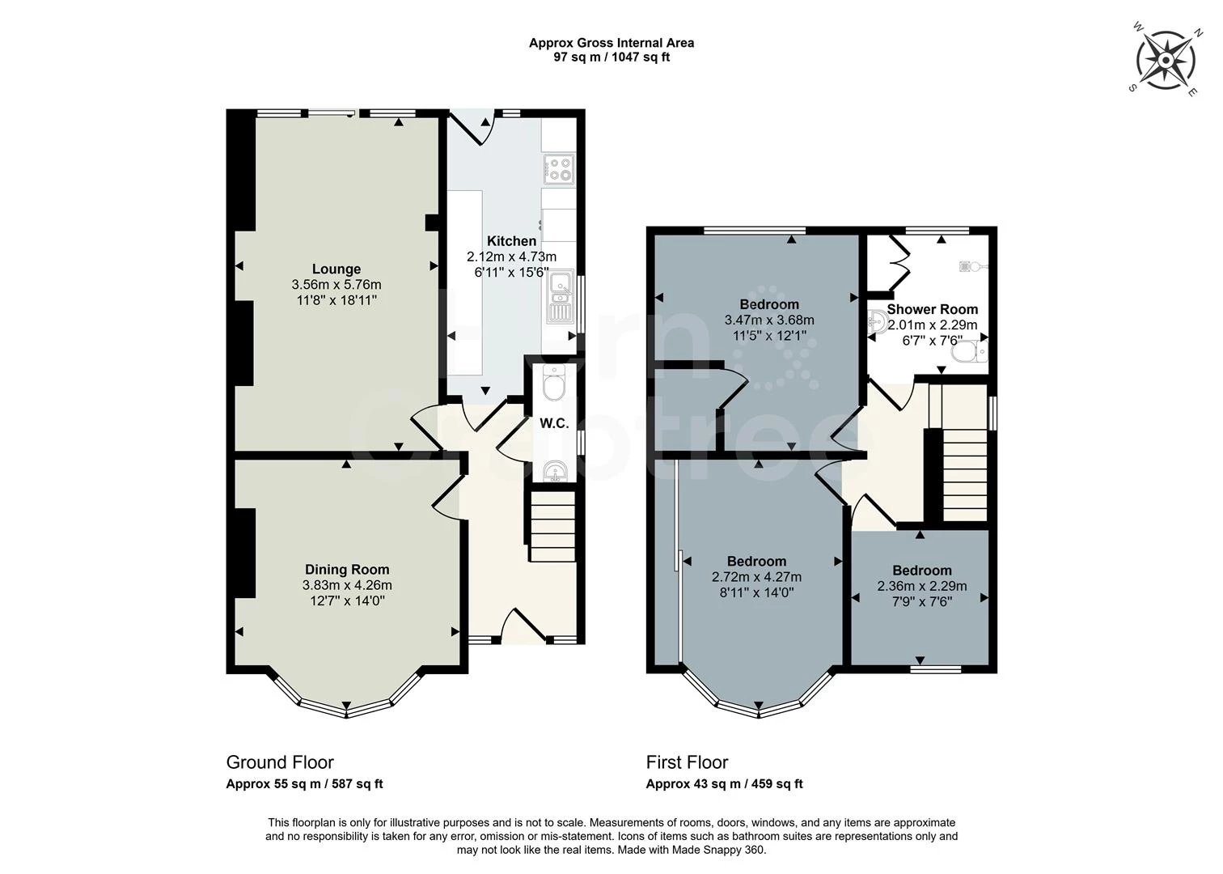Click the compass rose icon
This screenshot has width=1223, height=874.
(x=1166, y=61)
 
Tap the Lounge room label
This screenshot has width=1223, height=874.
(x=336, y=269)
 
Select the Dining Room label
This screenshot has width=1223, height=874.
(x=347, y=570)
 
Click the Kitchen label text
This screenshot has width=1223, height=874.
(x=511, y=241)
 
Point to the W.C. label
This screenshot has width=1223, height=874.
(x=554, y=423)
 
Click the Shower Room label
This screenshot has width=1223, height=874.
(x=932, y=309)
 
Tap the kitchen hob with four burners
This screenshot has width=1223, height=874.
(x=559, y=168)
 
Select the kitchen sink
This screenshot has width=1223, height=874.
(x=559, y=297)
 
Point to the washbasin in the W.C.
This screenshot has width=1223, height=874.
(x=555, y=470)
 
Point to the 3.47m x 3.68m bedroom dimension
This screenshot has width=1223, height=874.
(x=769, y=320)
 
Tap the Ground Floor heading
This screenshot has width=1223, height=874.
(x=280, y=762)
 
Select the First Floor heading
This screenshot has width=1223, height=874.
(x=687, y=762)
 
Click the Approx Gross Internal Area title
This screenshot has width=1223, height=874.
(x=611, y=43)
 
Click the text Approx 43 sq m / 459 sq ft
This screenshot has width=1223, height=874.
(x=724, y=784)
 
